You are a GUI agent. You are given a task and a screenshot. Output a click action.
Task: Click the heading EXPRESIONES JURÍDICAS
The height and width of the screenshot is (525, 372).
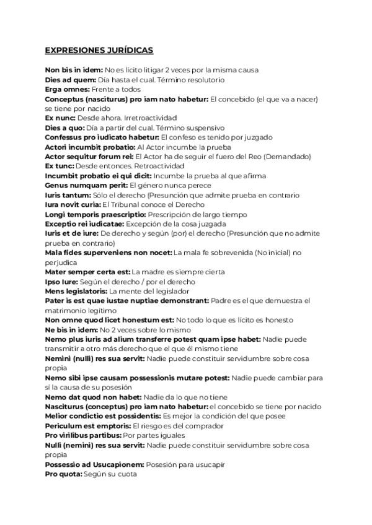[x=99, y=50]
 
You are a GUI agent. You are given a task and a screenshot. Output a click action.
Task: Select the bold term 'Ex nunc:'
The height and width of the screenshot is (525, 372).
[x=60, y=118]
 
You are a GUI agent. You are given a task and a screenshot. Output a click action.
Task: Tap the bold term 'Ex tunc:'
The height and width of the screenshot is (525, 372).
[x=60, y=166]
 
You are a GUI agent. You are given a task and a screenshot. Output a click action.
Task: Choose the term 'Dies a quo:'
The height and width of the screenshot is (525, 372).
[x=64, y=128]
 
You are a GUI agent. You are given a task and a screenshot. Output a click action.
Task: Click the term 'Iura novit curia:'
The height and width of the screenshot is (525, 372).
[x=73, y=204]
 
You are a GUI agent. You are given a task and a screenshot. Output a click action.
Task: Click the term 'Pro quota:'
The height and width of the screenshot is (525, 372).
[x=63, y=474]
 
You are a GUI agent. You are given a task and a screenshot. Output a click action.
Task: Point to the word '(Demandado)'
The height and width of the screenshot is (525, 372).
[x=286, y=157]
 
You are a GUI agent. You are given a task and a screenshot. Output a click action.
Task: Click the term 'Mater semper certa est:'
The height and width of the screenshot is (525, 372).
[x=87, y=272]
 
